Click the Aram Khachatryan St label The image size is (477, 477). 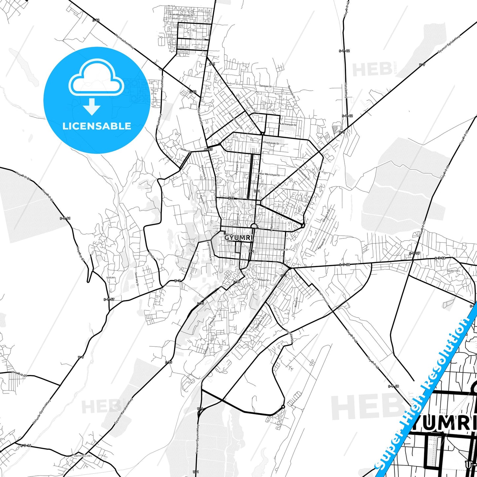[181, 15]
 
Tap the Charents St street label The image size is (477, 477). [198, 39]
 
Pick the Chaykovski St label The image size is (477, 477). [271, 143]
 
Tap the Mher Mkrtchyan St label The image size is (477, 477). [269, 175]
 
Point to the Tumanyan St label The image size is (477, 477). [281, 250]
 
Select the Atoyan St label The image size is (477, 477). [263, 280]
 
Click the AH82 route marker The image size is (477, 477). [208, 150]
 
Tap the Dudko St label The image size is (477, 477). [186, 150]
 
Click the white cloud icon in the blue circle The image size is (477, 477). [96, 78]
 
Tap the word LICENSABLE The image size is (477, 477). [97, 126]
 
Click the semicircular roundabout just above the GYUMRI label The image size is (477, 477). [254, 226]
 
